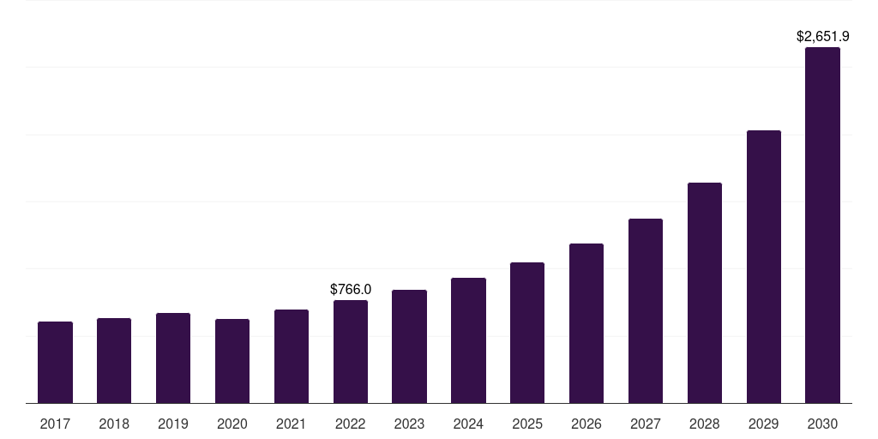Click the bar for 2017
click(x=55, y=363)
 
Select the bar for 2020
click(x=232, y=361)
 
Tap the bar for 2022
click(x=351, y=352)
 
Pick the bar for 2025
click(x=527, y=333)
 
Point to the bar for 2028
click(x=705, y=293)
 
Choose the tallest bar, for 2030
click(x=822, y=226)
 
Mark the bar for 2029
click(x=764, y=267)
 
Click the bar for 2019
click(x=173, y=358)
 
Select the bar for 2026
click(x=586, y=323)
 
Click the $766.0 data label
click(x=351, y=290)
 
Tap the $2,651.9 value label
click(x=822, y=36)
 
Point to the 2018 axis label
click(x=114, y=424)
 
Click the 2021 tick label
click(x=292, y=424)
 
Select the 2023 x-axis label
click(x=409, y=424)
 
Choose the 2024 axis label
click(x=468, y=424)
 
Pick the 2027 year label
click(x=646, y=424)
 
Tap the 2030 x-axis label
click(x=822, y=424)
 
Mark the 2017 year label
click(x=55, y=424)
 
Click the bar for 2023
click(x=409, y=346)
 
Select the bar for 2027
click(x=646, y=310)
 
